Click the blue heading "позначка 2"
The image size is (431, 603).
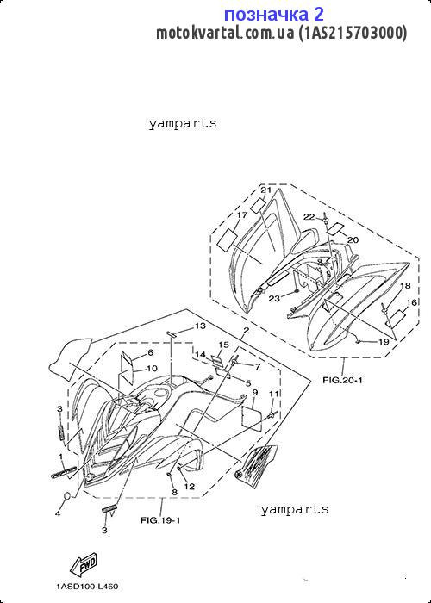pos(273,15)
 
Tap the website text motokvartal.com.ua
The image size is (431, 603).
pos(225,33)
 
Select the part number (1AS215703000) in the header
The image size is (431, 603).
pos(353,33)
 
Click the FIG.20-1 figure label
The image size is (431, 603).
pos(342,381)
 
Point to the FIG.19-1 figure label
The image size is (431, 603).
pos(160,520)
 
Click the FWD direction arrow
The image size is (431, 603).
pos(83,565)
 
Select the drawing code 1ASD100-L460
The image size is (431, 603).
pos(87,587)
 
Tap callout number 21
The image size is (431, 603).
pos(265,190)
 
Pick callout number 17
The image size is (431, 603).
pos(241,215)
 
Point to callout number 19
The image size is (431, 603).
pos(384,341)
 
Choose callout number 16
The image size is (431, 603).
pos(412,302)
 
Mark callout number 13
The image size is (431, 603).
pos(200,326)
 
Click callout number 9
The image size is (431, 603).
pos(255,392)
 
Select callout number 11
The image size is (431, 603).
pos(273,394)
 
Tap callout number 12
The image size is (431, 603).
pos(190,487)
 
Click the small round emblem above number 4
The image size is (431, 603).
pos(67,496)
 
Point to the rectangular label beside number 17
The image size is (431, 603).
pos(227,239)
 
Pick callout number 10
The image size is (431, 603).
pos(152,369)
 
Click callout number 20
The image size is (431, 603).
pos(353,240)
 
